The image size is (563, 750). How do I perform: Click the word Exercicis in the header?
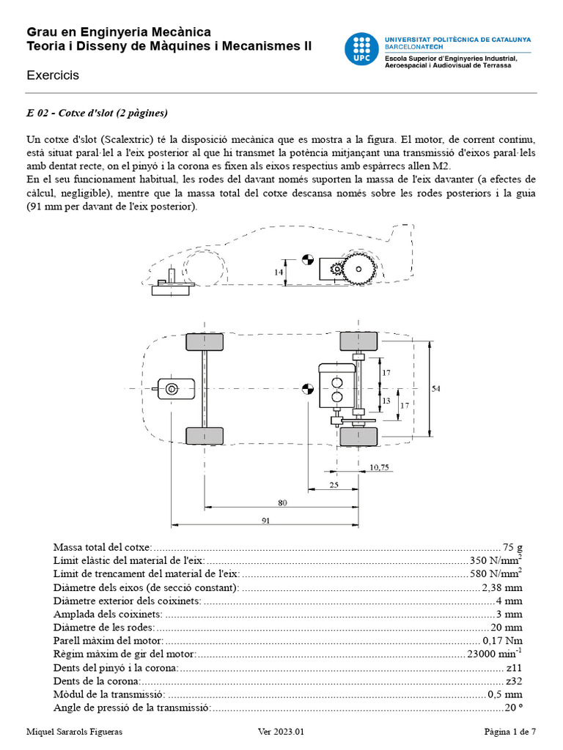tap(53, 75)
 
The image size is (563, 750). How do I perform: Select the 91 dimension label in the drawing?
tap(265, 520)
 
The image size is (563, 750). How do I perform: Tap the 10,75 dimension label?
tap(379, 467)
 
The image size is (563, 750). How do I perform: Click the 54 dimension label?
tap(436, 389)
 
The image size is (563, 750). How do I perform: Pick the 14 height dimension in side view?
tap(279, 272)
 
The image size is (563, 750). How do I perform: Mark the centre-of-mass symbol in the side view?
tap(308, 259)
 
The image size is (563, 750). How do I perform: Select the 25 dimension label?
tap(334, 484)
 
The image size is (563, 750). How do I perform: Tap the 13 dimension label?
tap(385, 400)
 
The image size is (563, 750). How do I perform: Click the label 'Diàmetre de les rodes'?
tap(103, 627)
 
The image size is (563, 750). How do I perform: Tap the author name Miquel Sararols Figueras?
tap(74, 732)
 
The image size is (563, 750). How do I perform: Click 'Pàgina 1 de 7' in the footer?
tap(510, 732)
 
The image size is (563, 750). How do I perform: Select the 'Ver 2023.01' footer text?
tap(281, 732)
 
